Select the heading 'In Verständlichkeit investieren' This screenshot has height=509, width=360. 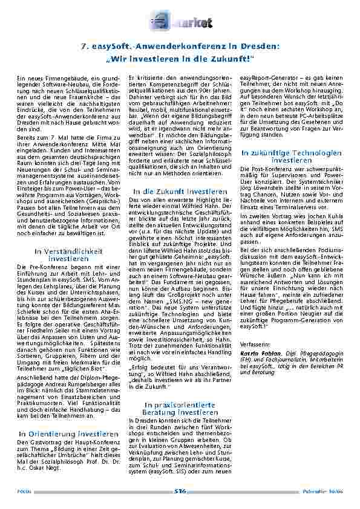coord(60,254)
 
